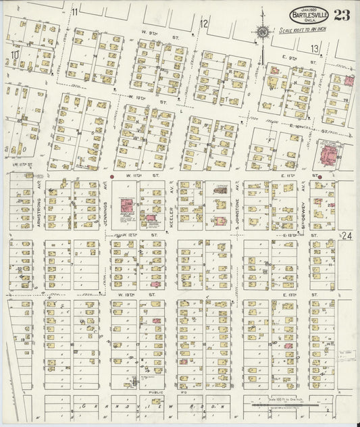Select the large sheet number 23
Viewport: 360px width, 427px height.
click(342, 15)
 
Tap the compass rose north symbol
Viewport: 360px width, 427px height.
click(261, 30)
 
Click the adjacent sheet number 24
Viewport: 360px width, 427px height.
click(346, 235)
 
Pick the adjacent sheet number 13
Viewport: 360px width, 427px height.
click(314, 49)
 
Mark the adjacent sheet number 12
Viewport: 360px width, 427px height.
click(203, 25)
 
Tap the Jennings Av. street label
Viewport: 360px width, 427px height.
click(106, 201)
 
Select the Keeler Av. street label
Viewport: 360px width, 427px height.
click(172, 201)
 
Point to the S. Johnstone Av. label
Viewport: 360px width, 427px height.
click(238, 201)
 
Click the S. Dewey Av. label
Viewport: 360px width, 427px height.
click(304, 201)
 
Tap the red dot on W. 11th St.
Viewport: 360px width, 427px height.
click(111, 177)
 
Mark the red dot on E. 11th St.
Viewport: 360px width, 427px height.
click(320, 177)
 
